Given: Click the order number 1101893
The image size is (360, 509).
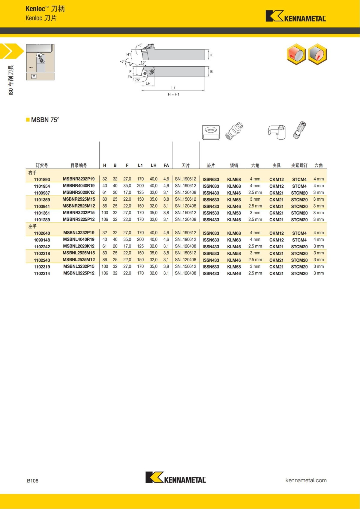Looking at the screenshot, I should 42,179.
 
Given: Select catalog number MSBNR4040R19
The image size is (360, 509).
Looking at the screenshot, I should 79,186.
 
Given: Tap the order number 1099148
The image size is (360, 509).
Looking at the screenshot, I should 42,240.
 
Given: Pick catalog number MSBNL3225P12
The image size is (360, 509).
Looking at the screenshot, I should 79,273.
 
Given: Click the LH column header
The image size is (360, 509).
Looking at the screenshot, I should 154,165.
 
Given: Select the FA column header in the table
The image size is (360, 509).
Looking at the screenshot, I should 166,165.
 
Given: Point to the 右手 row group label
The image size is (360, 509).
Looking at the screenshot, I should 32,173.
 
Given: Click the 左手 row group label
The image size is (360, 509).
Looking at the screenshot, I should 32,226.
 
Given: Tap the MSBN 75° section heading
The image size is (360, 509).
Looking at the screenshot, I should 45,120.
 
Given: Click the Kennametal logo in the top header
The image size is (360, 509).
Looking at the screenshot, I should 295,16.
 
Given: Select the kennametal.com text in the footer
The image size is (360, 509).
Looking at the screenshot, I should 306,480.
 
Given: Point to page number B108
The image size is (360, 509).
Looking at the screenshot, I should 33,481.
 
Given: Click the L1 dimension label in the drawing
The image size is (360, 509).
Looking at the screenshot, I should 173,88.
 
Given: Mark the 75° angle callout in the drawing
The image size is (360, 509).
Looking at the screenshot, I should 137,80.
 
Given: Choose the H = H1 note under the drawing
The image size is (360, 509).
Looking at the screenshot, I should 173,94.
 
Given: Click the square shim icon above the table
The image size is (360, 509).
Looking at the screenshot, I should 211,132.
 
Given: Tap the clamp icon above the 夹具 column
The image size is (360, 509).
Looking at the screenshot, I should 277,132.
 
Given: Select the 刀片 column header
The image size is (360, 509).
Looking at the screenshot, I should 186,165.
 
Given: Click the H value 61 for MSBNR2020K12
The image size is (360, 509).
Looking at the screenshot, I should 105,193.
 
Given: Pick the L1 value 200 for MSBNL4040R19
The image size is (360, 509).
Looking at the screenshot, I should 140,240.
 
